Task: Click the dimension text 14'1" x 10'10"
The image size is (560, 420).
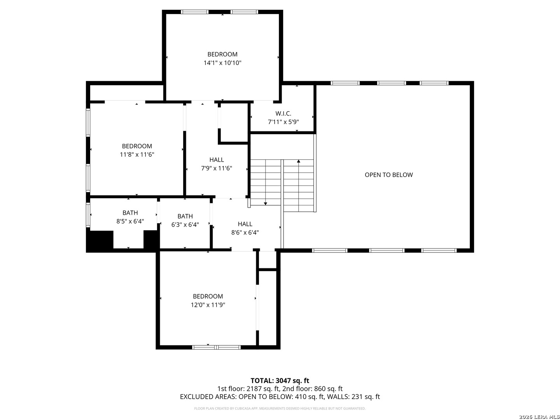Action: tap(222, 63)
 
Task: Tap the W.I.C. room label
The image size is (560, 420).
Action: tap(283, 114)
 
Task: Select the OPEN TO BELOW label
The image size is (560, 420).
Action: tap(388, 175)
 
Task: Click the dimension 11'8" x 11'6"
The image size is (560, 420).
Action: tap(137, 154)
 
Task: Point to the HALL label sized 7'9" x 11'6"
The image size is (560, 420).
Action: tap(217, 160)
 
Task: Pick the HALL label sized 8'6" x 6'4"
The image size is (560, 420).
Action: tap(245, 224)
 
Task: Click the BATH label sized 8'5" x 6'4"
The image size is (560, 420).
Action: tap(130, 213)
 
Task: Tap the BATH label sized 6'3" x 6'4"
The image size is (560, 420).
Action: tap(185, 216)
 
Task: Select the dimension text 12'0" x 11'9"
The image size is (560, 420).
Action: tap(208, 305)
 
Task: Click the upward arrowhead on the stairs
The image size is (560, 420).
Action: tap(299, 161)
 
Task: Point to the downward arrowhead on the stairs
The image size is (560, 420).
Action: tap(265, 203)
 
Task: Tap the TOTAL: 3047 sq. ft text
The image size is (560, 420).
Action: tap(280, 380)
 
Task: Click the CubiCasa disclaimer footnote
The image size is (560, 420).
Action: tap(280, 408)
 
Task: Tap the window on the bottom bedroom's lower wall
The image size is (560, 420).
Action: tap(217, 347)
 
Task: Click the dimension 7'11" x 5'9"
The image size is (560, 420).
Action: tap(283, 122)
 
